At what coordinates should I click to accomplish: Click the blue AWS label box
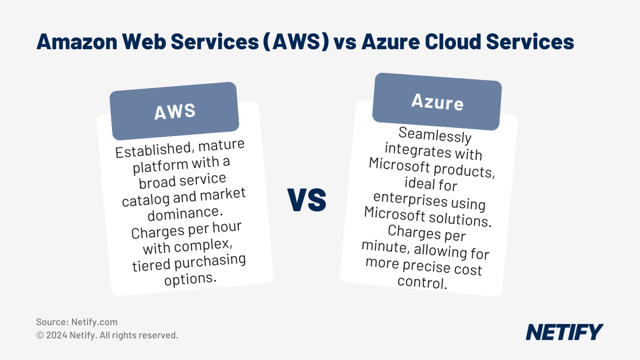(174, 111)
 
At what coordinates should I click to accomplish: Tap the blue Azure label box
(437, 102)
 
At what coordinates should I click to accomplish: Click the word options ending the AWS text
(188, 279)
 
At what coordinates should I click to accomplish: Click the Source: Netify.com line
(77, 322)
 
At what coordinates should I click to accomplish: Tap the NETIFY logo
(564, 332)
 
